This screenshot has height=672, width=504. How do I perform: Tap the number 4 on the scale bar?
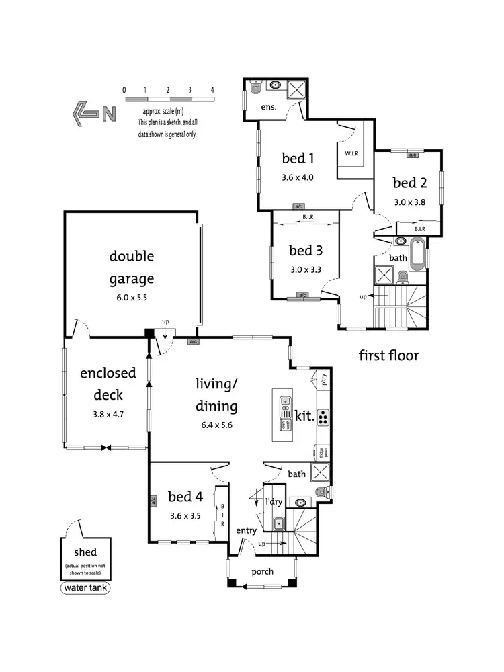(212, 89)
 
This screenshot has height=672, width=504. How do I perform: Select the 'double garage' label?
(132, 267)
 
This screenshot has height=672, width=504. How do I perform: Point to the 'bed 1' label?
(298, 159)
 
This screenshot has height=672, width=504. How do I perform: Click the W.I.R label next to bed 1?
(351, 154)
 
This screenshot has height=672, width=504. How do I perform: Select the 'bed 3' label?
(306, 251)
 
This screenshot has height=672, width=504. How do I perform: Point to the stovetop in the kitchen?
(323, 417)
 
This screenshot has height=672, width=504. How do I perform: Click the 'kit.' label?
(304, 417)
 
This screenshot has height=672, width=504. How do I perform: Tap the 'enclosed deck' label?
(108, 383)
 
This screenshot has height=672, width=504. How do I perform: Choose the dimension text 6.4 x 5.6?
(217, 425)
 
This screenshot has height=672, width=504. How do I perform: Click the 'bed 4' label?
(185, 497)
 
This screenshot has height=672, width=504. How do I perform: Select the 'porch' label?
(262, 572)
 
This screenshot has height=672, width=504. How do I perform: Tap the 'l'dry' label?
(274, 501)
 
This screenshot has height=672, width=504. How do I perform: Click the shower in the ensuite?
(298, 90)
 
